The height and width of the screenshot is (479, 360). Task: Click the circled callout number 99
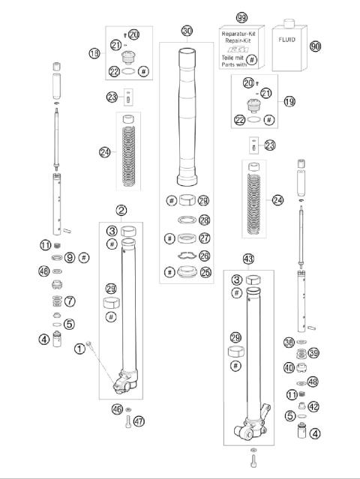pos(241,17)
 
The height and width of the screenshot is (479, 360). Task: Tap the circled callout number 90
pos(315,46)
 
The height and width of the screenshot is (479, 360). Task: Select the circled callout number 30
pos(187,31)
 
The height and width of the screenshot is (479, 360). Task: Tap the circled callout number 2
pos(121,212)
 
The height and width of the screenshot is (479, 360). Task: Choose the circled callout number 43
pos(248,259)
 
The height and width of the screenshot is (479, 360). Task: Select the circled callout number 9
pos(70,257)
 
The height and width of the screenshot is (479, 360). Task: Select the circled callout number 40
pos(289,367)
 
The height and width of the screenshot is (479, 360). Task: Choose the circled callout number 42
pos(314,407)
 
